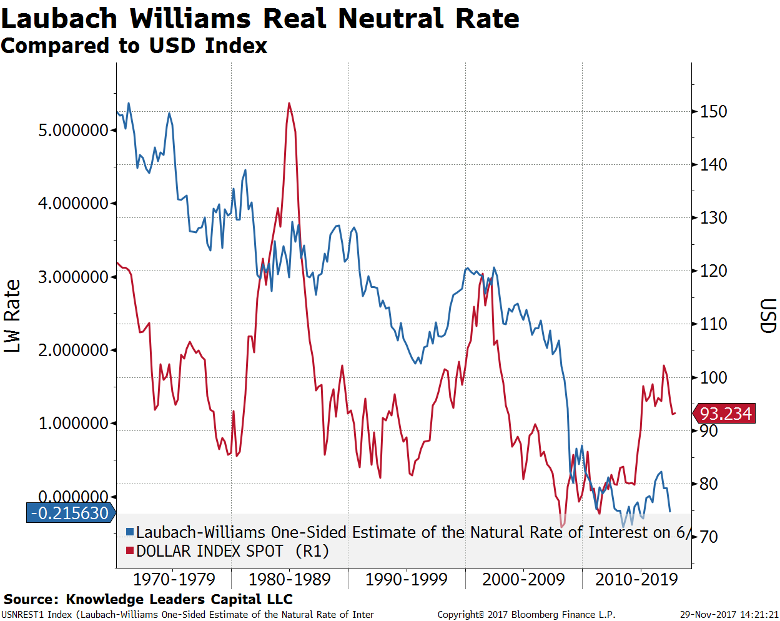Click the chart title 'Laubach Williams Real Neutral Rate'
click(260, 18)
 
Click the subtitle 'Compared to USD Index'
click(134, 46)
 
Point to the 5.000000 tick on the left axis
click(74, 130)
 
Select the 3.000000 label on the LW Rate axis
click(74, 277)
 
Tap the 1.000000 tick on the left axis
click(74, 423)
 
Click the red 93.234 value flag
click(725, 414)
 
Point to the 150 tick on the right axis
click(713, 112)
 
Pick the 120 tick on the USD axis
click(713, 271)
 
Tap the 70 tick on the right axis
click(708, 537)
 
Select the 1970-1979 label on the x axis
click(174, 579)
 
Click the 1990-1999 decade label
click(407, 579)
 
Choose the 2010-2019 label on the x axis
click(636, 579)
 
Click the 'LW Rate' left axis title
click(12, 315)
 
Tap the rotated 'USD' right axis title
click(768, 315)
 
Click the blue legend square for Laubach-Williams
click(130, 532)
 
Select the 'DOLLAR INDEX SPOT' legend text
click(210, 551)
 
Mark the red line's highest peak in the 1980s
click(289, 103)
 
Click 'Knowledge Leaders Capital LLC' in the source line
click(179, 599)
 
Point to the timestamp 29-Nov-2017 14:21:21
click(729, 615)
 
